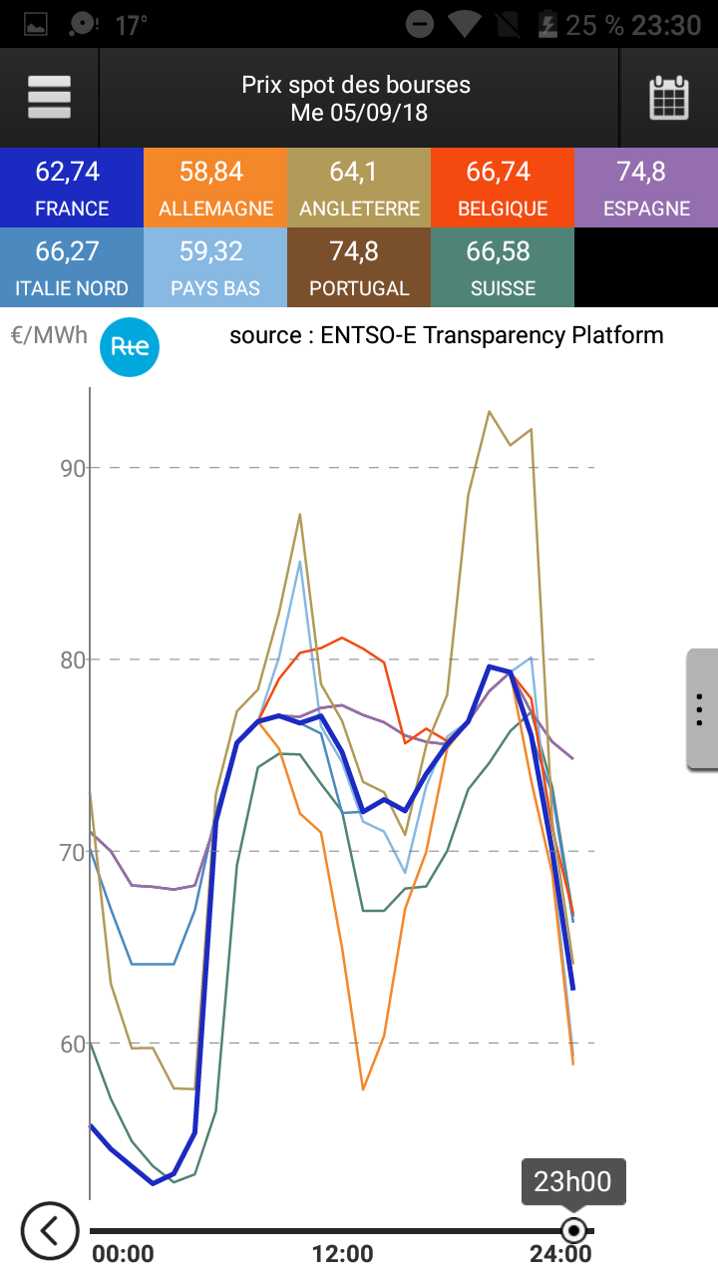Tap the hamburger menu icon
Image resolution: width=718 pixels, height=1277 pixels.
(49, 97)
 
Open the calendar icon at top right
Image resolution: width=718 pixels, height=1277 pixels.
(669, 98)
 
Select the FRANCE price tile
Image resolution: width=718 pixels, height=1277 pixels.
(72, 188)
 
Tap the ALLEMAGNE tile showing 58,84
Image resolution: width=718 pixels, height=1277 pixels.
(215, 188)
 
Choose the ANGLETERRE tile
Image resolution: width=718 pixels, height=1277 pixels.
(359, 188)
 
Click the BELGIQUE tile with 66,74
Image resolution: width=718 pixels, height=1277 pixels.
(503, 188)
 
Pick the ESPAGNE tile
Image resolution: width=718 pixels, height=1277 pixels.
(646, 188)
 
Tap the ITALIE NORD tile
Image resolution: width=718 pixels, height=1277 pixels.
(72, 267)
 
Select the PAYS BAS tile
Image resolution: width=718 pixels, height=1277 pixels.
(215, 267)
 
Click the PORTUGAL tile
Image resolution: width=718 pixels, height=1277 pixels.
(359, 267)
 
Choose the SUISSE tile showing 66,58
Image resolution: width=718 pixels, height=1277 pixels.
(503, 267)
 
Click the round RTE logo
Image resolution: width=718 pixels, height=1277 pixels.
(130, 346)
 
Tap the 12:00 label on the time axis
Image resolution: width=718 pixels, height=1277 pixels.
(342, 1254)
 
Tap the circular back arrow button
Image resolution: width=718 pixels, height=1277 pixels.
(49, 1230)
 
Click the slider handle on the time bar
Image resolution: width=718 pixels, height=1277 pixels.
(573, 1230)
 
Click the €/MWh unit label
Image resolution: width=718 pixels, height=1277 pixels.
(49, 335)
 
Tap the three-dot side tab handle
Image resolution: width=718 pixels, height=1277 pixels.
(700, 708)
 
